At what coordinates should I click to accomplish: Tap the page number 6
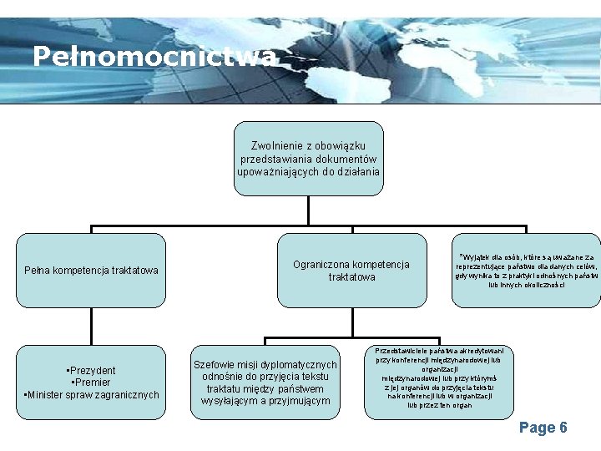click(x=563, y=428)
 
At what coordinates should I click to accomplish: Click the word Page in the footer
click(x=537, y=428)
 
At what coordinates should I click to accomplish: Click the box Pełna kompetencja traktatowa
click(x=91, y=270)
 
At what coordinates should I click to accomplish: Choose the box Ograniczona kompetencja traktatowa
click(x=351, y=271)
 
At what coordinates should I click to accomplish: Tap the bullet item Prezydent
click(x=92, y=371)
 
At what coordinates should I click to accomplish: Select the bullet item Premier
click(x=92, y=383)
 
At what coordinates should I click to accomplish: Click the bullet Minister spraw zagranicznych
click(x=92, y=395)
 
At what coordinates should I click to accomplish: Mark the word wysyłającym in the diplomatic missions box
click(x=230, y=401)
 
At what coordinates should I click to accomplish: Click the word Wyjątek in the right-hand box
click(x=475, y=256)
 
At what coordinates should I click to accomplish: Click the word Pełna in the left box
click(x=38, y=270)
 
